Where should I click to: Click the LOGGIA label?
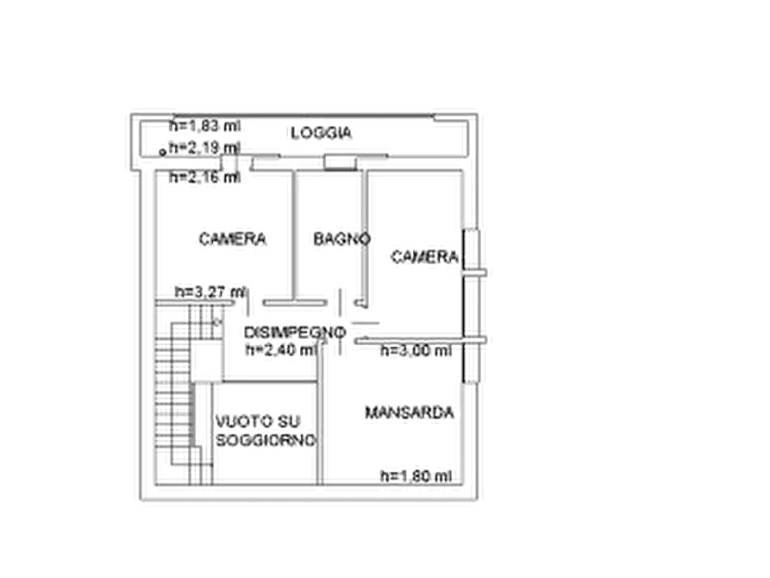coord(321,133)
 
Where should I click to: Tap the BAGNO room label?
coord(341,239)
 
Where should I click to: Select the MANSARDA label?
coord(409,412)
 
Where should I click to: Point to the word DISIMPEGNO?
coord(295,333)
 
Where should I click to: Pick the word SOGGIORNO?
coord(266,440)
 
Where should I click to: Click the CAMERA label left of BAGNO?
coord(232,239)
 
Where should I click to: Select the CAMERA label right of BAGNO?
coord(425,256)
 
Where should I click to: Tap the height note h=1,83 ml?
coord(204,126)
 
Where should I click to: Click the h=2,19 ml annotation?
coord(204,148)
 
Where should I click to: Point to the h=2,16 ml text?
coord(204,177)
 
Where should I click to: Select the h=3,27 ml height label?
coord(210,292)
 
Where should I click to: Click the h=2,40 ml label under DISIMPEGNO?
coord(281,349)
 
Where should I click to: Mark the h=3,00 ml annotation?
coord(416,350)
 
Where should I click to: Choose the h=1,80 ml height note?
coord(416,475)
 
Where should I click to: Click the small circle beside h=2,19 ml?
coord(163,153)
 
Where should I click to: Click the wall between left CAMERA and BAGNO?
coord(294,236)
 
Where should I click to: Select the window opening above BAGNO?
coord(340,163)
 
